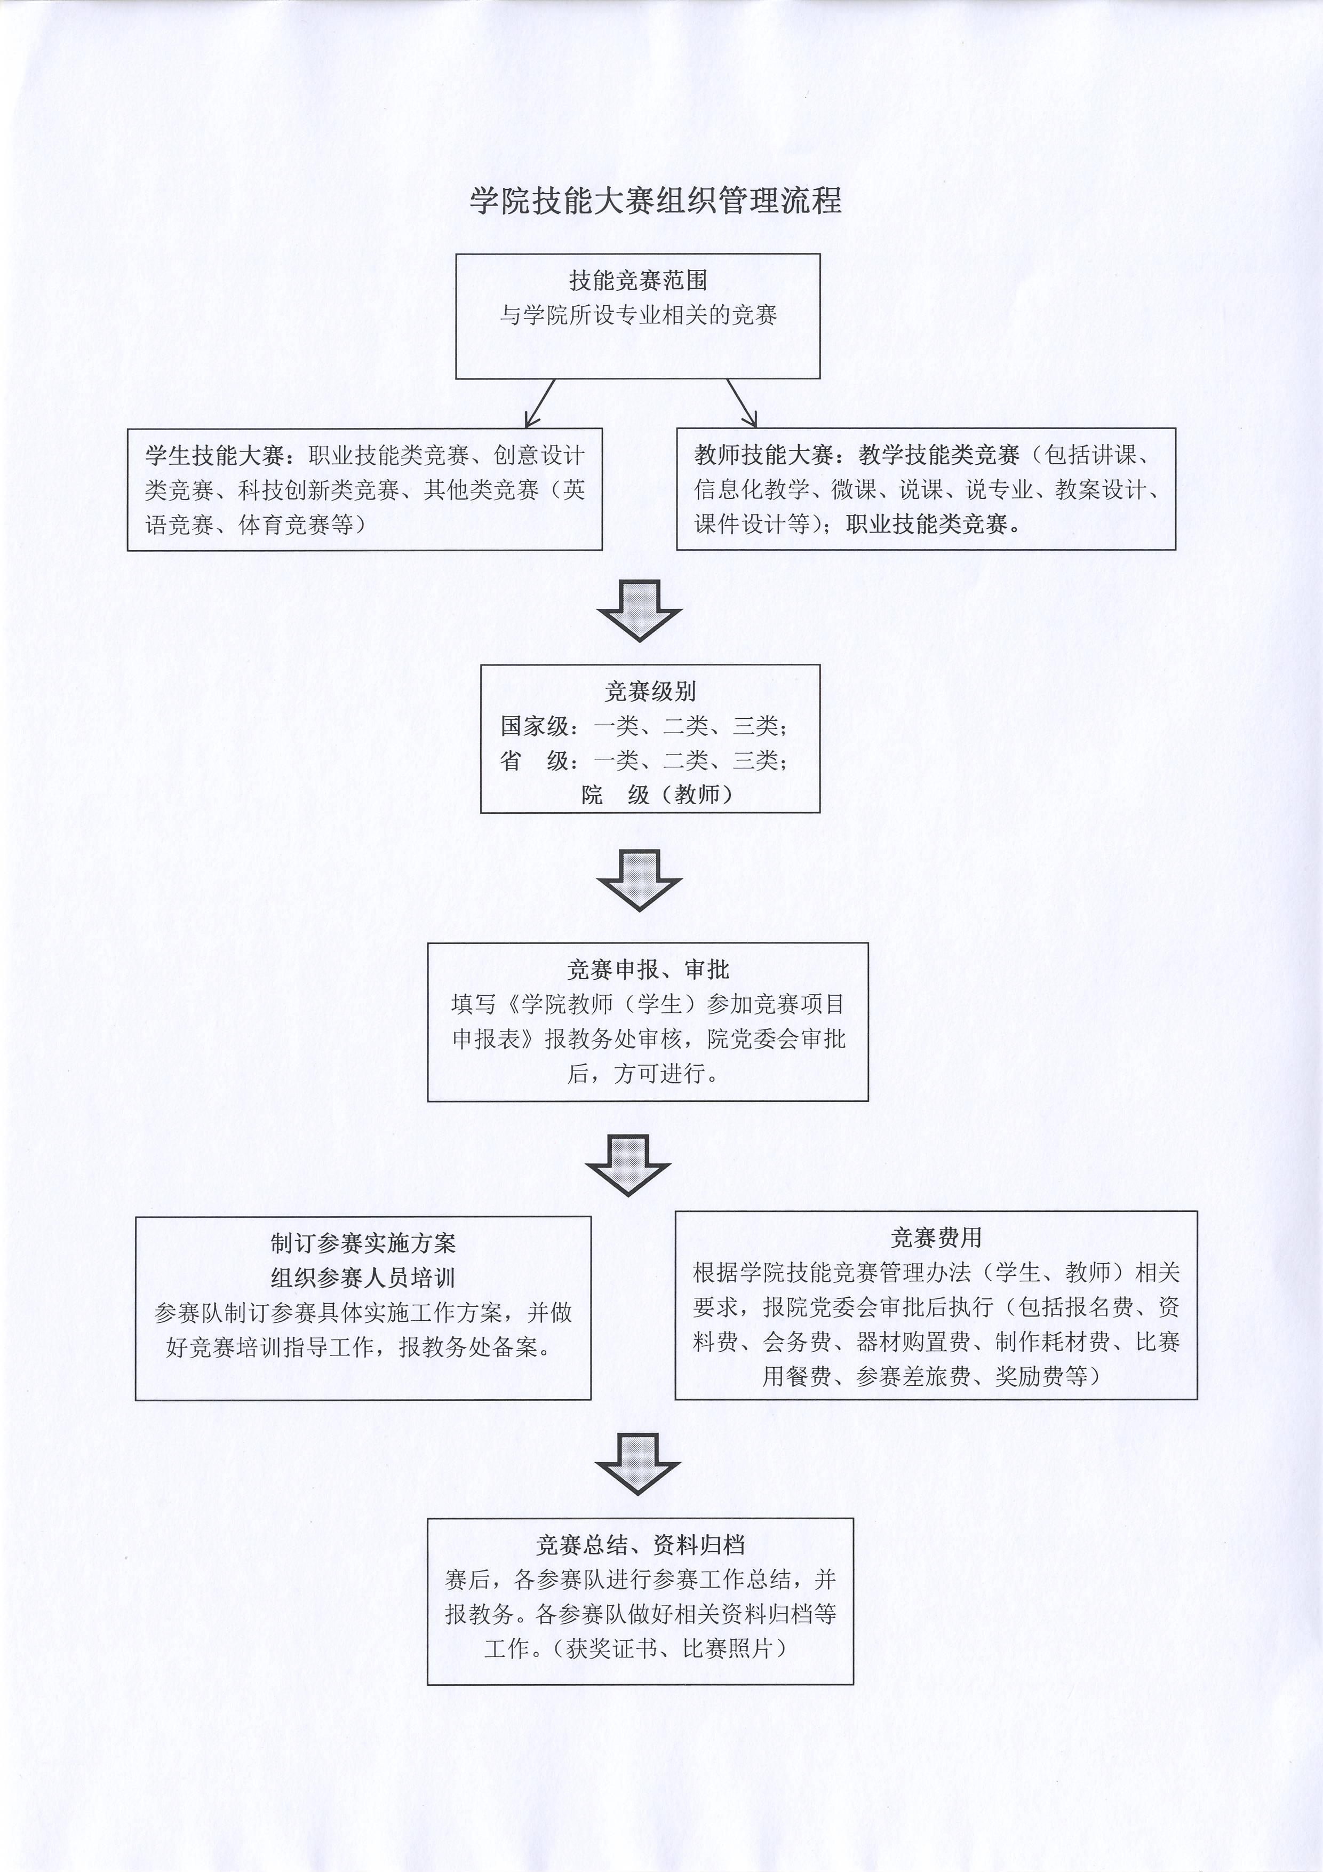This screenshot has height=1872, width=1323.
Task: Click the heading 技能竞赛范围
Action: [637, 281]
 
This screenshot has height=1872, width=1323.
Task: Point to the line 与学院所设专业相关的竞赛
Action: [637, 315]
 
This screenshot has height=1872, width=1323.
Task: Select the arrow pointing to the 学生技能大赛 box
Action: [540, 403]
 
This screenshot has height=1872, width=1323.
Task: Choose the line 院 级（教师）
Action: [656, 794]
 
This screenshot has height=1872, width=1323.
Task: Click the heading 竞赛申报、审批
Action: [648, 970]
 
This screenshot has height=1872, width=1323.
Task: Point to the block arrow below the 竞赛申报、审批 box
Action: [628, 1167]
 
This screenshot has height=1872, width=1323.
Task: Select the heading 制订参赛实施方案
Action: [363, 1243]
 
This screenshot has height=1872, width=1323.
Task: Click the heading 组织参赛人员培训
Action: [363, 1278]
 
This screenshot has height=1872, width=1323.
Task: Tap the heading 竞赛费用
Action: [936, 1238]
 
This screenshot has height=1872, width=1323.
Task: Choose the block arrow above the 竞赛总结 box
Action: [637, 1464]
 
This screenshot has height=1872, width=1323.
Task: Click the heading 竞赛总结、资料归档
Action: [640, 1544]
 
